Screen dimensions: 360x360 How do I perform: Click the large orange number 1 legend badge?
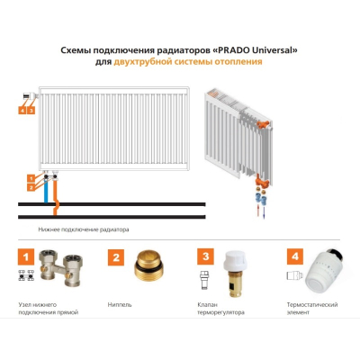(26, 256)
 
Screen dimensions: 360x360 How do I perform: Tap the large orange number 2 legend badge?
(116, 257)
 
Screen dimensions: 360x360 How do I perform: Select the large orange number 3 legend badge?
(205, 256)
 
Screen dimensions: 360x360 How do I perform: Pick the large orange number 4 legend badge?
(295, 256)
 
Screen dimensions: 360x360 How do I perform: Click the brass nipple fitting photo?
(149, 266)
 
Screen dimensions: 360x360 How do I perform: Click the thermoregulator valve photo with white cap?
(235, 274)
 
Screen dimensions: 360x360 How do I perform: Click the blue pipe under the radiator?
(46, 190)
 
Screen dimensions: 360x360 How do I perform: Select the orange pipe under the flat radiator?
(55, 196)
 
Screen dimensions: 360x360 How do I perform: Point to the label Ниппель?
(120, 305)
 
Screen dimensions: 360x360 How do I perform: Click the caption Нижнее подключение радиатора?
(84, 229)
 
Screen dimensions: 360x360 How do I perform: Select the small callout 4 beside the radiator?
(22, 111)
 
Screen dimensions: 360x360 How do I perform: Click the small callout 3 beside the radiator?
(31, 111)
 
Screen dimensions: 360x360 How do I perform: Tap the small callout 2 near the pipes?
(31, 188)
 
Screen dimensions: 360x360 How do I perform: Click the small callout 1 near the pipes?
(31, 179)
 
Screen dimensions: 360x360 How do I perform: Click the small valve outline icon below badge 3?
(203, 280)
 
